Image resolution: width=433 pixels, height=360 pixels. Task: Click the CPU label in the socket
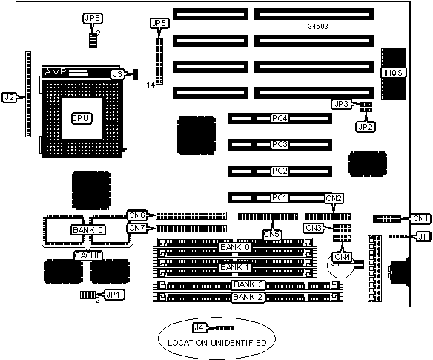click(82, 118)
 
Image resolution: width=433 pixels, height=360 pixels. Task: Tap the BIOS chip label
click(394, 73)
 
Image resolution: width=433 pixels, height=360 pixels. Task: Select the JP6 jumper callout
click(93, 19)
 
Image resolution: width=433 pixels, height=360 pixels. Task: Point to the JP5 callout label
click(159, 24)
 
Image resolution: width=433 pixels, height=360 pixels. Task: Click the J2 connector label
click(9, 97)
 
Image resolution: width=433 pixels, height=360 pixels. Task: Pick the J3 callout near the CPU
click(118, 74)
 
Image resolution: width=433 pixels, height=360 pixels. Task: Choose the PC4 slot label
click(280, 118)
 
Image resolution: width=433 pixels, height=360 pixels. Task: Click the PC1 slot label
click(280, 197)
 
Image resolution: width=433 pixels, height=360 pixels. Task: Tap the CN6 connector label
click(137, 215)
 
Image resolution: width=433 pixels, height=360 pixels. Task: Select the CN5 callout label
click(271, 235)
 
